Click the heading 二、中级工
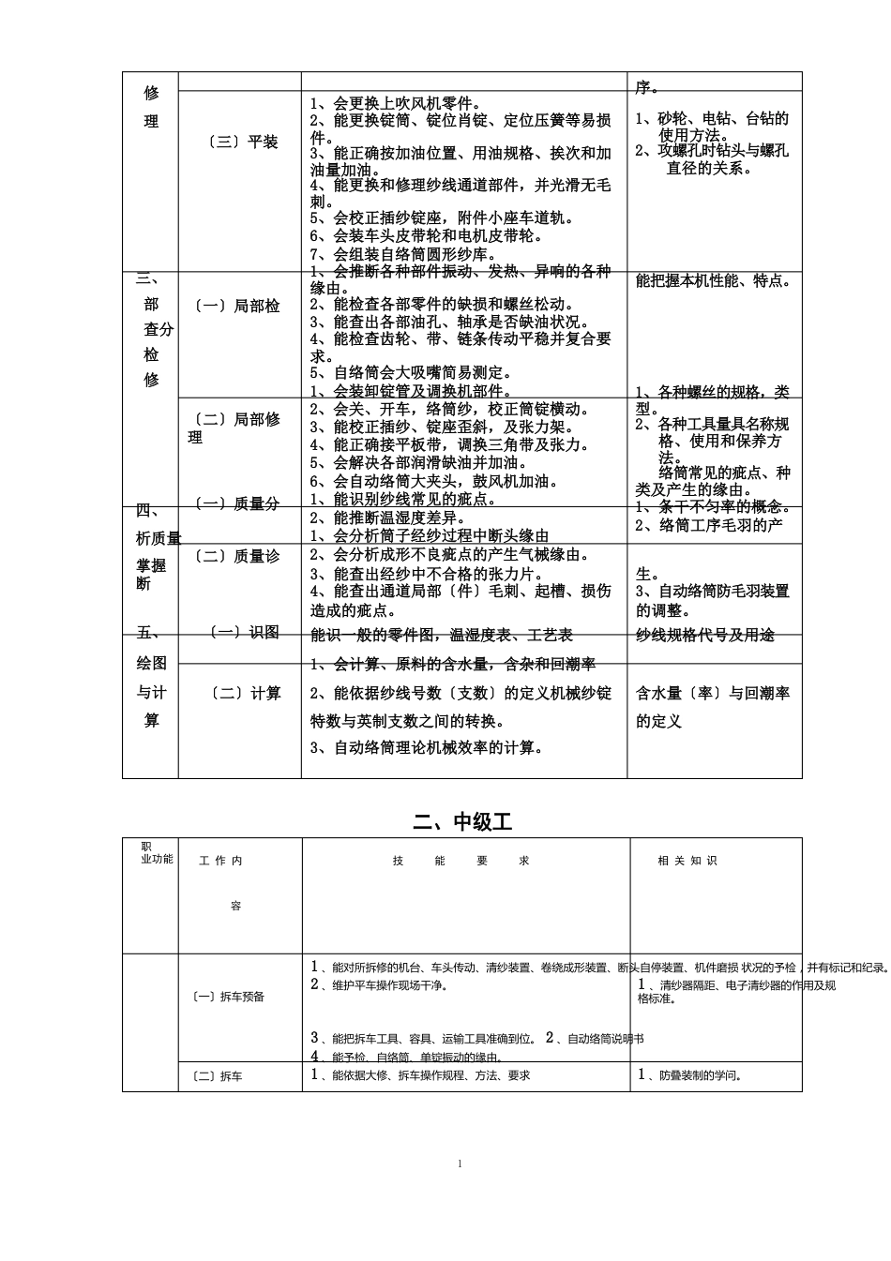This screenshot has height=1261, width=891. coord(463,821)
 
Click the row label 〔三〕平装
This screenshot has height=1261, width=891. coord(242,142)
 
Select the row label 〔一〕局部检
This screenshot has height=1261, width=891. coord(237,306)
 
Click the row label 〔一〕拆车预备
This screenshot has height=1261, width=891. coord(229,997)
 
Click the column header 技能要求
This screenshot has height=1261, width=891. coord(461,861)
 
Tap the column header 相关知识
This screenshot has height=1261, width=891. coord(687,861)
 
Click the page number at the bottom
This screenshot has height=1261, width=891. coord(461,1163)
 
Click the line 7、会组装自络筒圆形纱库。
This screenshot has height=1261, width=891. coord(403,254)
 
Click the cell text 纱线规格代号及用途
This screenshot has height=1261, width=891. coord(705,635)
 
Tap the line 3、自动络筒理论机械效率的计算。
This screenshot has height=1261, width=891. coord(427,747)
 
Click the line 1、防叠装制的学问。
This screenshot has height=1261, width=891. coord(690,1074)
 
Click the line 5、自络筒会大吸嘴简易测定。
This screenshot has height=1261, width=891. coord(411,373)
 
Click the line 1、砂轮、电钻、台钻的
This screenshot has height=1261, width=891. coord(712,118)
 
